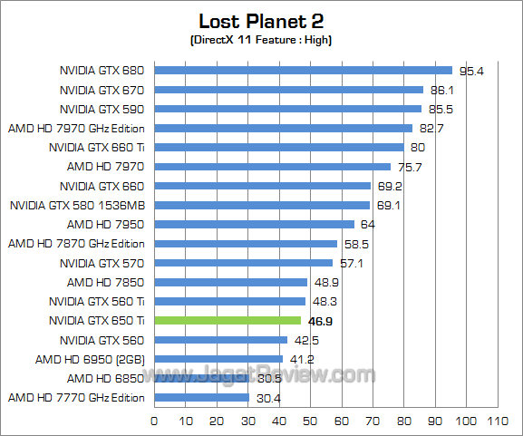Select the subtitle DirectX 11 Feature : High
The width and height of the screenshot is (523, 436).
[x=262, y=41]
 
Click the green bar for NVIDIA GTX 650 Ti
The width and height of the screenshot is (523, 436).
[x=228, y=320]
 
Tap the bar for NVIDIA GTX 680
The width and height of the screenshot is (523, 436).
[x=303, y=70]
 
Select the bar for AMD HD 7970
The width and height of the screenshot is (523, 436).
[x=272, y=166]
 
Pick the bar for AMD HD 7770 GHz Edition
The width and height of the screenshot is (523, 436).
[x=201, y=397]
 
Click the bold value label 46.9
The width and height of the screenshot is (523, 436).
[x=322, y=321]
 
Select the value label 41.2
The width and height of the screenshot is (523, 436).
[x=301, y=360]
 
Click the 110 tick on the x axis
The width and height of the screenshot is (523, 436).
[x=497, y=421]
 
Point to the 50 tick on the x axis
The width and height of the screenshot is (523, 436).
[x=310, y=421]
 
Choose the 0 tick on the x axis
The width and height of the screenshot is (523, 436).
[x=154, y=421]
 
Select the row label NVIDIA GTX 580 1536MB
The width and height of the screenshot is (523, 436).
[x=78, y=205]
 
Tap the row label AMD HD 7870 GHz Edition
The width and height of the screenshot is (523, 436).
[x=76, y=243]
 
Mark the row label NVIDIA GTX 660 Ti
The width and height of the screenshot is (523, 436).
[x=97, y=147]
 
